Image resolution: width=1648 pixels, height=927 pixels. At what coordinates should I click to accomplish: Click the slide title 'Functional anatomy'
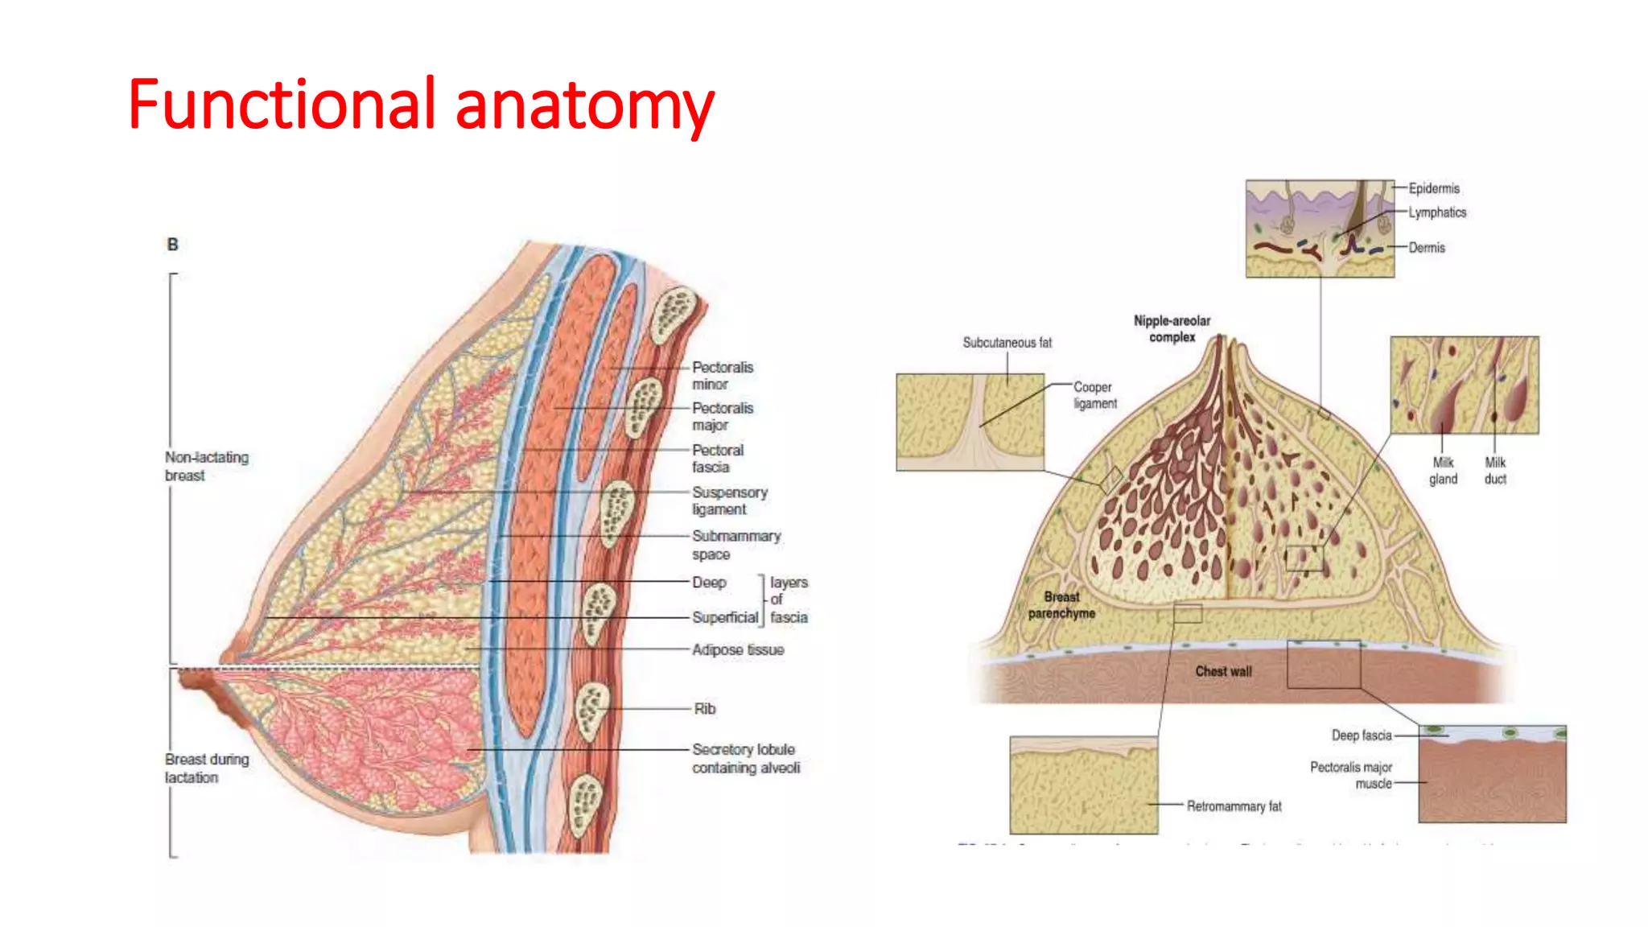coord(420,105)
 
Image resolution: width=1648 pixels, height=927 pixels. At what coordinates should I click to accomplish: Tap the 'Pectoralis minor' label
coord(722,376)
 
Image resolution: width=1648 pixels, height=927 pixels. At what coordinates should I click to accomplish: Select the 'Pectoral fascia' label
coord(717,459)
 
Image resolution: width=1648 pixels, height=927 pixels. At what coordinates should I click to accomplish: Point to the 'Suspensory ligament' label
coord(729,501)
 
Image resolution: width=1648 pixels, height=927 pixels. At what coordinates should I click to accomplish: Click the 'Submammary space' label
coord(735,545)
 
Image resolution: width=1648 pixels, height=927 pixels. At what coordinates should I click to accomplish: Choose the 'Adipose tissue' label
coord(737,649)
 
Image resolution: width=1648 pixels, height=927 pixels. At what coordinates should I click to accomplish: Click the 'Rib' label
coord(704,709)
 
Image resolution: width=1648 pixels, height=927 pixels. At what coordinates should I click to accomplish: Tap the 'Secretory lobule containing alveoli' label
coord(745,759)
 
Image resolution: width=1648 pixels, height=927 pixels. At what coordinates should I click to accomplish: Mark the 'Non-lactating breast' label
coord(206,466)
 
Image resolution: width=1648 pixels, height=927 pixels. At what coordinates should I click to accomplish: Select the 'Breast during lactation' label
coord(206,768)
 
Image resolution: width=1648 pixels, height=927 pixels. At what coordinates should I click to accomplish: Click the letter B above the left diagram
coord(172,245)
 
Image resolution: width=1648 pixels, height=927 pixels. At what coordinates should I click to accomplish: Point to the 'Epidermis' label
coord(1433,188)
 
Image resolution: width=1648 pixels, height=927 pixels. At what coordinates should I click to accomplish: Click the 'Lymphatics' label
coord(1436,212)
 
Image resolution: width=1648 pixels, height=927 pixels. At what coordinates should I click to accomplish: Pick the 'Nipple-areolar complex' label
coord(1172,328)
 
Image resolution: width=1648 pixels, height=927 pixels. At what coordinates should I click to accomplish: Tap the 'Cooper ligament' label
coord(1094,395)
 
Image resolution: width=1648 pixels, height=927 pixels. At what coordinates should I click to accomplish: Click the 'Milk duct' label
coord(1495,471)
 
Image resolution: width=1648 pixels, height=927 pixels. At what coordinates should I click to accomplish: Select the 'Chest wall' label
coord(1223,671)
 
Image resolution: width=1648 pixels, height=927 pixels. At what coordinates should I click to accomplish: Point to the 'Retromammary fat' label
coord(1234,806)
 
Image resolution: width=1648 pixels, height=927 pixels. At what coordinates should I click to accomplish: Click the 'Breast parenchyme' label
coord(1061,605)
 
